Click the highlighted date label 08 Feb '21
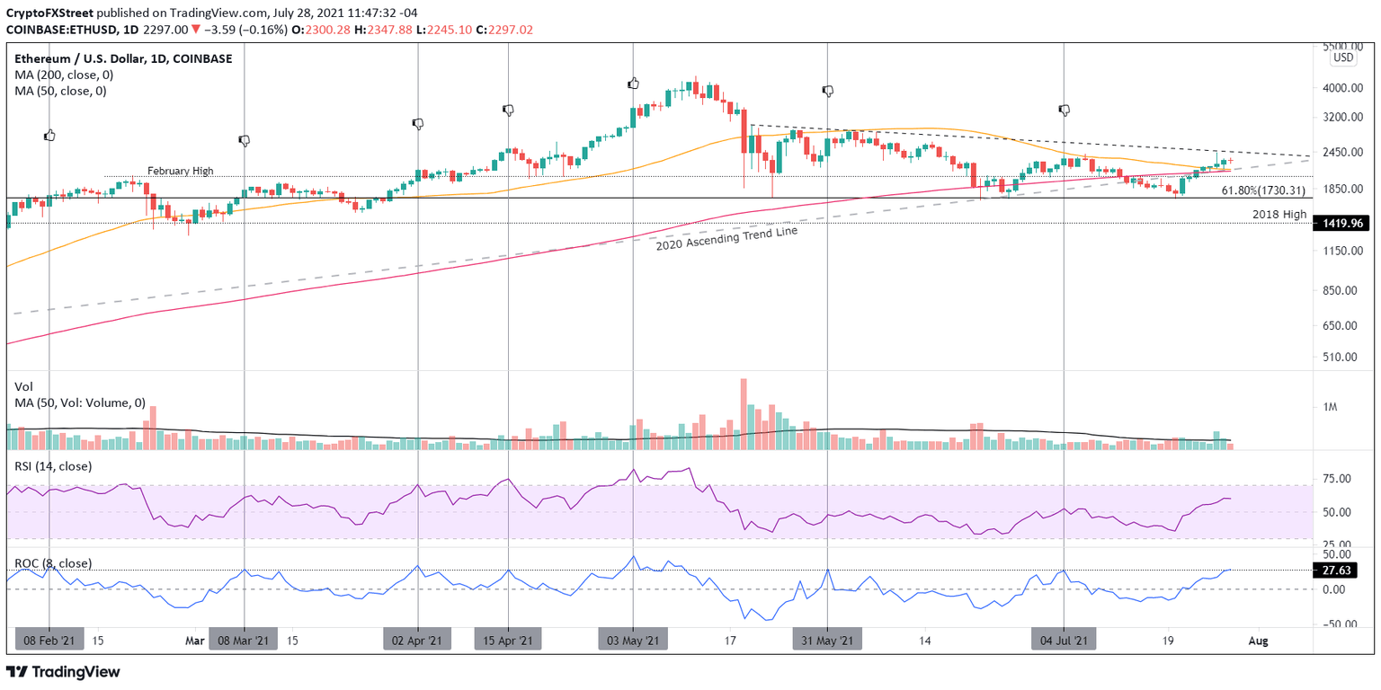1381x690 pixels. point(49,641)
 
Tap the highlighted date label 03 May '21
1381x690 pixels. point(633,641)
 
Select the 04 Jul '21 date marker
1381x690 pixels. point(1064,641)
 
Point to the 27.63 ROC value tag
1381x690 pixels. point(1343,571)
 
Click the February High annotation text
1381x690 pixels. point(180,170)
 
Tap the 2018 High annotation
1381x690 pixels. point(1279,214)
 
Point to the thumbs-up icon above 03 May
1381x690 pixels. point(633,84)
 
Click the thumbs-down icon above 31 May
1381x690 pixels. point(828,91)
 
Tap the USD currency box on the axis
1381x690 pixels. point(1343,57)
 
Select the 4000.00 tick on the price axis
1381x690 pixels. point(1345,88)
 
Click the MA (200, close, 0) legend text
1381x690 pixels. point(62,75)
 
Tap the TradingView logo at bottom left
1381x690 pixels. point(63,672)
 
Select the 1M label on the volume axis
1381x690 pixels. point(1331,407)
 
